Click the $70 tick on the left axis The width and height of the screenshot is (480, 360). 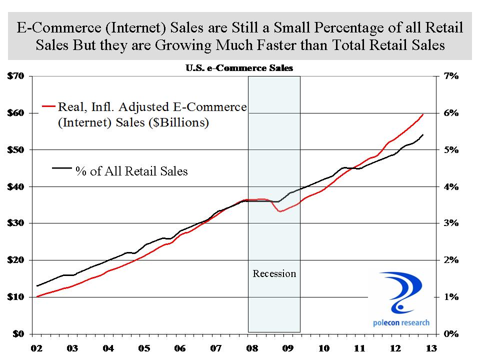click(x=16, y=76)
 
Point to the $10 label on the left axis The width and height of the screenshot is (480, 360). click(x=16, y=297)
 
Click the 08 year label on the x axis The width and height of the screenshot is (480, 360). click(x=251, y=348)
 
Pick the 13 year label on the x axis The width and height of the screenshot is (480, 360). click(x=431, y=348)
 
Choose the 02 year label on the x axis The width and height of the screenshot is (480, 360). click(x=36, y=348)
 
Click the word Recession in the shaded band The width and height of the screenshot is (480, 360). click(x=274, y=273)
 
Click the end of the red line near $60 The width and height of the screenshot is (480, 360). click(x=423, y=114)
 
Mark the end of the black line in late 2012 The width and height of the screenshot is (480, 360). click(x=423, y=134)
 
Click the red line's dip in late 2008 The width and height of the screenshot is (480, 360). click(x=280, y=211)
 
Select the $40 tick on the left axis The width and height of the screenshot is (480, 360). click(x=16, y=186)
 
